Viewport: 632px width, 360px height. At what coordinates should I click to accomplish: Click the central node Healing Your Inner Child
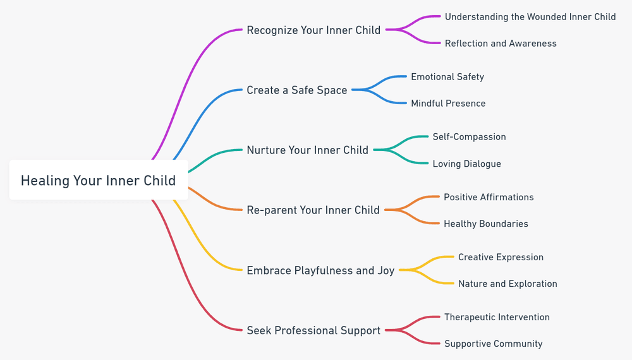click(98, 181)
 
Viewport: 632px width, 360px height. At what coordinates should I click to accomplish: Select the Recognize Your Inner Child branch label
click(313, 30)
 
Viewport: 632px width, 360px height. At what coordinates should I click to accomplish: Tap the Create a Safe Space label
click(296, 90)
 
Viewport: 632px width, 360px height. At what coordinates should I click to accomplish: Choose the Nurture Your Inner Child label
click(307, 150)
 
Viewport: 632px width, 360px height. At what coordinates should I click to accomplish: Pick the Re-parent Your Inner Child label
click(313, 210)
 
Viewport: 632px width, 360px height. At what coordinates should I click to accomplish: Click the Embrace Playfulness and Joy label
click(320, 270)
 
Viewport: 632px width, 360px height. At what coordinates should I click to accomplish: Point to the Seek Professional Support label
click(313, 330)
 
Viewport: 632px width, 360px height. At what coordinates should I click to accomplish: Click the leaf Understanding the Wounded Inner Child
click(530, 17)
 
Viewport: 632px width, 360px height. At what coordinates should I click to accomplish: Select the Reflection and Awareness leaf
click(501, 44)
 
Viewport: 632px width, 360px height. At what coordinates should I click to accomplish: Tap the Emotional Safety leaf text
click(447, 77)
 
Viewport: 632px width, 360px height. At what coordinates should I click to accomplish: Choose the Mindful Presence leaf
click(448, 104)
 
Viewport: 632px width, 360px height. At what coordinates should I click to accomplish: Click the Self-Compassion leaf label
click(469, 137)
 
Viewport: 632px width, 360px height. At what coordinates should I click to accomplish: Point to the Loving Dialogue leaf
click(466, 164)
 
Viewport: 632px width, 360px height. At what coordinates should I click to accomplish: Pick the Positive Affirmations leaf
click(489, 197)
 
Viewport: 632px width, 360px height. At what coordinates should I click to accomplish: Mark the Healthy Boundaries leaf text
click(485, 224)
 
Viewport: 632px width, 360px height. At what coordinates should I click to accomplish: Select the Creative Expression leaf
click(501, 257)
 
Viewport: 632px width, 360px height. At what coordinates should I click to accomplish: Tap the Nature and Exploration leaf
click(507, 284)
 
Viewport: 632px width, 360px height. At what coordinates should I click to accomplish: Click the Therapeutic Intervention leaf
click(497, 317)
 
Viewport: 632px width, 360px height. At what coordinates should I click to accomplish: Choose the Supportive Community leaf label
click(493, 344)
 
